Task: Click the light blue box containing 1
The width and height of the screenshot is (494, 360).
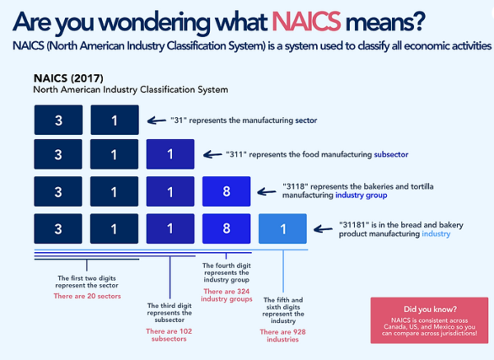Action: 282,229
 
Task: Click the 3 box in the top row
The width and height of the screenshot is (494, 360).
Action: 58,120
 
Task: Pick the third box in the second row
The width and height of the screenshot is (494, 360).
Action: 170,155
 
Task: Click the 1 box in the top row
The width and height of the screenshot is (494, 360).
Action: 114,120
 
